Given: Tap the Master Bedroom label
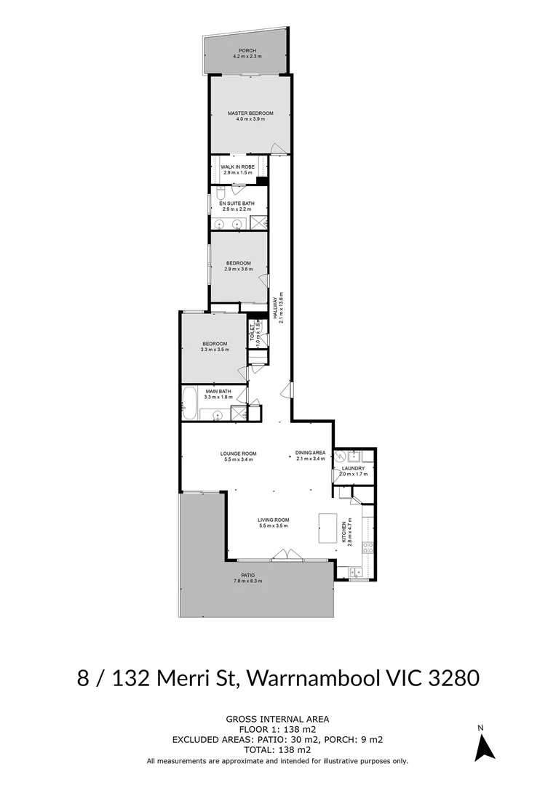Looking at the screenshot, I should point(250,113).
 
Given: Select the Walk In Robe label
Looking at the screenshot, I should point(238,166).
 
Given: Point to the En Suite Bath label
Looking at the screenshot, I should point(238,203).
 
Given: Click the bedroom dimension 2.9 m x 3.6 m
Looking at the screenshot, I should point(238,270).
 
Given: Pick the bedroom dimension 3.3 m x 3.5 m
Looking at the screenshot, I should point(215,350).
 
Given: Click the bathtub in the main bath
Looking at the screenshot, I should point(189,403).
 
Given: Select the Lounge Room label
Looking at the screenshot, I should point(239,454).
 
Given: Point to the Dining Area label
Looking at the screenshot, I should point(311,453).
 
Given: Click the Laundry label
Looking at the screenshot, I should point(353,468).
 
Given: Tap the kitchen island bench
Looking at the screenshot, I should point(331,527).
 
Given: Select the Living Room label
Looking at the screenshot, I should point(274,520).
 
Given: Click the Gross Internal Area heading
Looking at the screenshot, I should point(277,719).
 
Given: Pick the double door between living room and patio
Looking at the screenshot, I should point(285,556).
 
